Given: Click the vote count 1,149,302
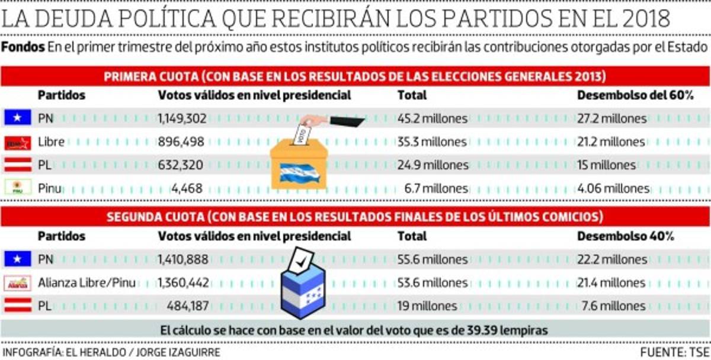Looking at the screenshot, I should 182,118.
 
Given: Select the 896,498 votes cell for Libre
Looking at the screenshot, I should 181,142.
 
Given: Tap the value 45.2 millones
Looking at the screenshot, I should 433,118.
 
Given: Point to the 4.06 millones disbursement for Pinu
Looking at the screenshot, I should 613,189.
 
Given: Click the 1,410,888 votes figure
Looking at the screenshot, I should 182,259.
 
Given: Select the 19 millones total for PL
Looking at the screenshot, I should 427,306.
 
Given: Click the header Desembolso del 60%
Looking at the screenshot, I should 635,95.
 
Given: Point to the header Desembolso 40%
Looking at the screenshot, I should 625,236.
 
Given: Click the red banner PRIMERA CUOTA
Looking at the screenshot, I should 355,76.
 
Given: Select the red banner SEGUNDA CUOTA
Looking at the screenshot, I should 355,216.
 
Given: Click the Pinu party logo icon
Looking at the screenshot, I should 17,188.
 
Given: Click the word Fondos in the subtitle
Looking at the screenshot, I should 23,47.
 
